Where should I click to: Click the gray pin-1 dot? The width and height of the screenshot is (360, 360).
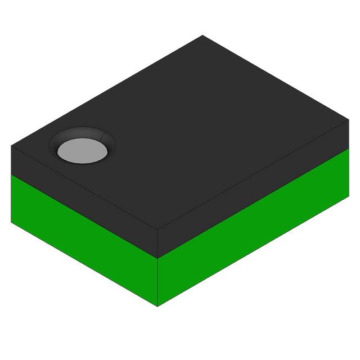tap(82, 150)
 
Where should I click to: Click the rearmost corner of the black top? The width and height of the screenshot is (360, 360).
tap(202, 35)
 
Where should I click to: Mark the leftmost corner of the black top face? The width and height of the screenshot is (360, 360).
tap(11, 146)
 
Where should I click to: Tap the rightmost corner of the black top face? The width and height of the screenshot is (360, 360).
tap(349, 120)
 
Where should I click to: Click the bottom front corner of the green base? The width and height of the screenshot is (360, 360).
tap(157, 306)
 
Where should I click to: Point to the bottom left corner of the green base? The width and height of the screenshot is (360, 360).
tap(11, 222)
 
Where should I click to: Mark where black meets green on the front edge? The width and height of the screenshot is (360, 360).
tap(157, 259)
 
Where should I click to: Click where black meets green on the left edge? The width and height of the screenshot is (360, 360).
tap(11, 174)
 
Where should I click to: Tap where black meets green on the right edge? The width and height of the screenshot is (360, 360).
tap(349, 149)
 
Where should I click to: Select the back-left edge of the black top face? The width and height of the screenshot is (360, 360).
tap(107, 91)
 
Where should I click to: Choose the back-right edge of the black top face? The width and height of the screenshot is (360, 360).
tap(276, 78)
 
